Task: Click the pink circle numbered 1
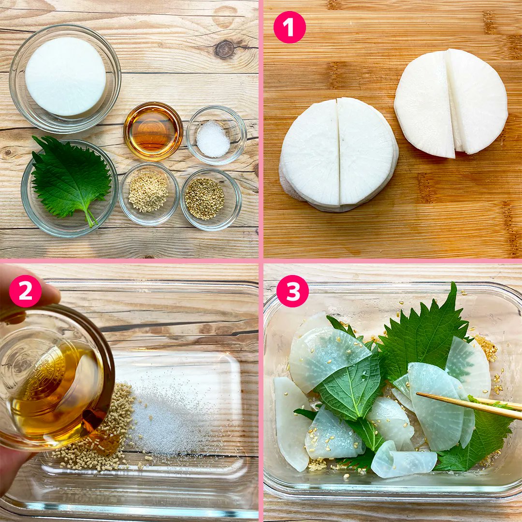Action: coord(290,27)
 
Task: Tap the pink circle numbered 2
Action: coord(25,291)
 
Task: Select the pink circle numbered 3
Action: coord(292,291)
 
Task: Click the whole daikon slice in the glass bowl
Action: coord(66,76)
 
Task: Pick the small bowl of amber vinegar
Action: coord(153,131)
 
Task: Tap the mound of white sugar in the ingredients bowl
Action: coord(213,139)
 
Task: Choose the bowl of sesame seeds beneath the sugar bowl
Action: coord(210,200)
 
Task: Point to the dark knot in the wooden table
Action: coord(224,49)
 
